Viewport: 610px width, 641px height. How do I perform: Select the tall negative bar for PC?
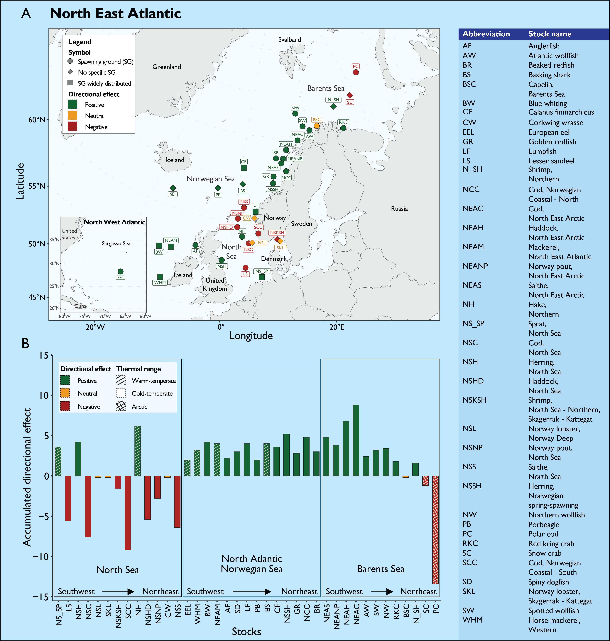pos(435,530)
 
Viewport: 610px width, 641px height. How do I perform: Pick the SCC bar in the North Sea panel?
pos(128,513)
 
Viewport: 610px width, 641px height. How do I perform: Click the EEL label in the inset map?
pos(121,277)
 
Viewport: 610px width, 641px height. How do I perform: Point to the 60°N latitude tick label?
pos(37,120)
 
